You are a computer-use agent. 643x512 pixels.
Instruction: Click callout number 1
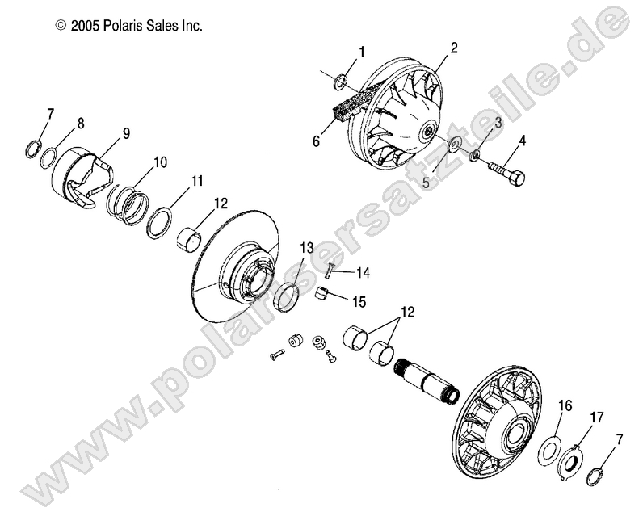361,52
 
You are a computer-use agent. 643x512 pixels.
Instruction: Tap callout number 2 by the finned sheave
453,48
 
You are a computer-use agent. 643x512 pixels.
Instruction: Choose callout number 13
307,246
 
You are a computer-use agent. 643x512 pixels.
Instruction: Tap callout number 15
358,301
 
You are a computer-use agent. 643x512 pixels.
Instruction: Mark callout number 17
596,418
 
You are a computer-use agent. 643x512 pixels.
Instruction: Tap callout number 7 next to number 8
52,113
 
